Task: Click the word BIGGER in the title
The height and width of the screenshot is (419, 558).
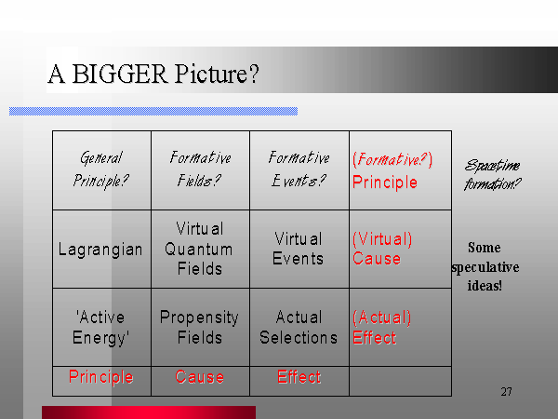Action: [120, 74]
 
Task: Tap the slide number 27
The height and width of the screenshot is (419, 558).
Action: [507, 392]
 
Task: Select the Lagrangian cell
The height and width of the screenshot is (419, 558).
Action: [101, 249]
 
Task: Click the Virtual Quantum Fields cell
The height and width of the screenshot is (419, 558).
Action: [200, 249]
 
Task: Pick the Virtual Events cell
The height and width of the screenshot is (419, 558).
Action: [299, 249]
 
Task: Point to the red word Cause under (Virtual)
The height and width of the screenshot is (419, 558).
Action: [377, 259]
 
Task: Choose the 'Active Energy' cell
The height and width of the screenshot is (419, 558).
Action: [101, 327]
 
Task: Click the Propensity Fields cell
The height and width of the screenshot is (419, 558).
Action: [200, 327]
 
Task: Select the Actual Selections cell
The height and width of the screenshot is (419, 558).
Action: [299, 327]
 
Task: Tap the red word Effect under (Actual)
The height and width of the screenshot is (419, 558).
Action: [375, 337]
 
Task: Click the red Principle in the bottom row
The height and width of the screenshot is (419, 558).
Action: [101, 377]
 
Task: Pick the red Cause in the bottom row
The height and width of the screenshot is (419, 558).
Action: [200, 377]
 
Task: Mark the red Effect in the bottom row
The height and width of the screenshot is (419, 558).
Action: [299, 377]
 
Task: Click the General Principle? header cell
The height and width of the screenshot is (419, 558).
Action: [101, 170]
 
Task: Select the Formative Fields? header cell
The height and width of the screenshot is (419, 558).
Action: [200, 170]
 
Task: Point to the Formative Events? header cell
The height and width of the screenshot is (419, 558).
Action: [299, 170]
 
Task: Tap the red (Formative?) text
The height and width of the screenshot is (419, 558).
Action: [392, 159]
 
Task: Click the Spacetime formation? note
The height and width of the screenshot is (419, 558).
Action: [493, 175]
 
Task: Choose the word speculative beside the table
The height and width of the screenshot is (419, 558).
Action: [485, 267]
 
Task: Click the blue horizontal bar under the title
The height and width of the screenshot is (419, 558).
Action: [153, 111]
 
